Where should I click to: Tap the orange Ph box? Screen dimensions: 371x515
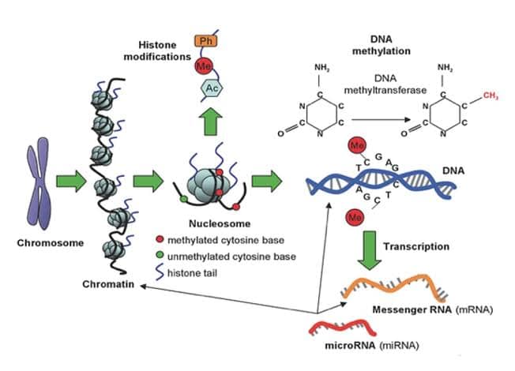(206, 39)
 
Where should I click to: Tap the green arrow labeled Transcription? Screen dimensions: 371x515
(364, 247)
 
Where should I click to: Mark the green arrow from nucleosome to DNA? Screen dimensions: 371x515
(268, 184)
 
